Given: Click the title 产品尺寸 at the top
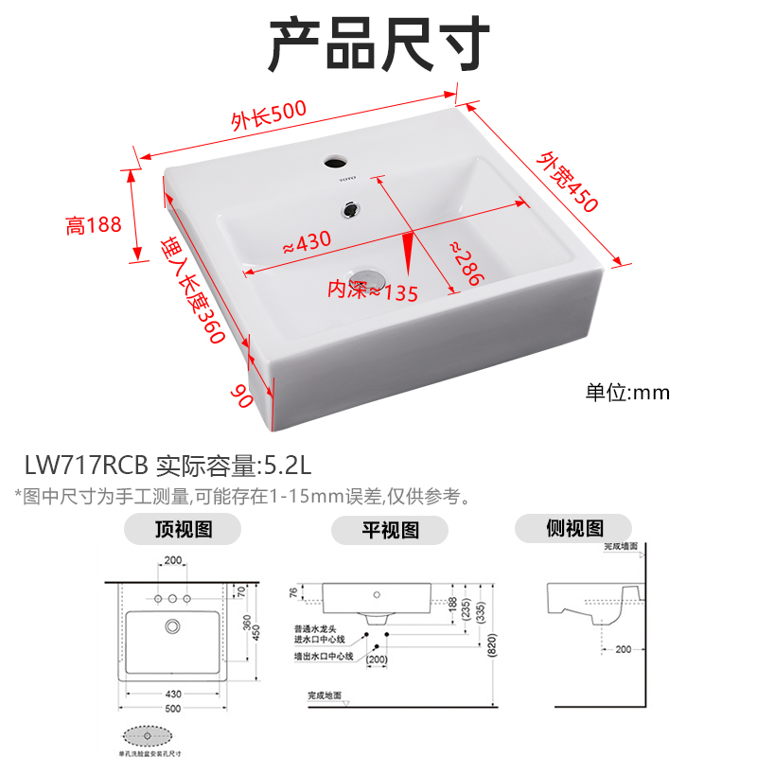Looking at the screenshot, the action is (x=378, y=44).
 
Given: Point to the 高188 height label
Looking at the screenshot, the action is (x=94, y=225).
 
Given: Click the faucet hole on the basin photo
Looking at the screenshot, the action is (x=335, y=161).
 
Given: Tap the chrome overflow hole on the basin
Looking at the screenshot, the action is (x=352, y=206).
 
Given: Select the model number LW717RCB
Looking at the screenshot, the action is (x=87, y=466).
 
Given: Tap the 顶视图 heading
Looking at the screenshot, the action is (x=184, y=529).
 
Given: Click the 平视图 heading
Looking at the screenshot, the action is (x=390, y=529).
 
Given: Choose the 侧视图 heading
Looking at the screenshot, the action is (x=574, y=528).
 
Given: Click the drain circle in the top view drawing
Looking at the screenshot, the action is (x=172, y=626).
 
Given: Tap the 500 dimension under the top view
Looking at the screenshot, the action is (x=171, y=708).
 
